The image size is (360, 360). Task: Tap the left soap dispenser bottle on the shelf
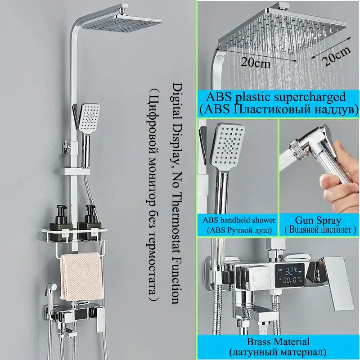coord(60,223)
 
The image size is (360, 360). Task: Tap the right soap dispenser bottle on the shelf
coord(89,223)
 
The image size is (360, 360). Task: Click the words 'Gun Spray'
coord(318,220)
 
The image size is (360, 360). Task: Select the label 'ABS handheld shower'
coord(239,220)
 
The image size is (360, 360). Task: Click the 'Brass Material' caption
coord(278,342)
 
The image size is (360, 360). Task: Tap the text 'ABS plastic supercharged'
coord(276,97)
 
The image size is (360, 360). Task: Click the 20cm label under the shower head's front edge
coord(256,63)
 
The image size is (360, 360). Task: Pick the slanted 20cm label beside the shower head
coord(336,56)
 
